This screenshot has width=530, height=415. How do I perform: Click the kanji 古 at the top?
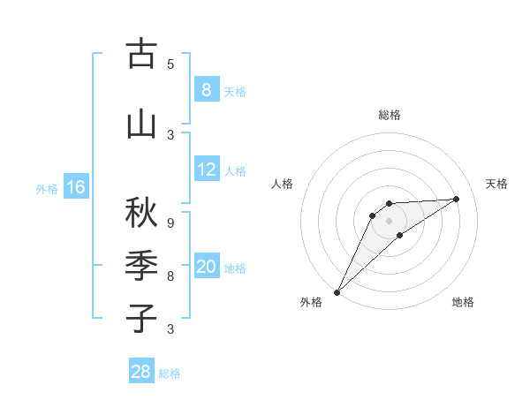(141, 54)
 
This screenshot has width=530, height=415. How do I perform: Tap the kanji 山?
(141, 124)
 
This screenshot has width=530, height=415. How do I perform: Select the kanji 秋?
(141, 213)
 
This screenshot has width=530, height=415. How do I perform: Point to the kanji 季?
(141, 266)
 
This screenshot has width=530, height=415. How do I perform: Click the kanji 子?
(141, 319)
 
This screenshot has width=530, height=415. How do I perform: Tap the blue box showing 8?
(206, 89)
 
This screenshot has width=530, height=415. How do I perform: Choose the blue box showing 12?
(206, 170)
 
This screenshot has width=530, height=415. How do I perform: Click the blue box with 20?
(206, 267)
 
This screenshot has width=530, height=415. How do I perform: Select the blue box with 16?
(75, 187)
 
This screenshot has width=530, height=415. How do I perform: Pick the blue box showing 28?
(140, 372)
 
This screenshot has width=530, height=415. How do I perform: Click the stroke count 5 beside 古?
(170, 64)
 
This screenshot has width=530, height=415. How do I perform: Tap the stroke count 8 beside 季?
(170, 275)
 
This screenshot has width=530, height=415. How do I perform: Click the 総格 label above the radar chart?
(389, 115)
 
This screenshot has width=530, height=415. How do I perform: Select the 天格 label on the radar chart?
(496, 184)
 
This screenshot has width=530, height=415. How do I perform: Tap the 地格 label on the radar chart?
(463, 302)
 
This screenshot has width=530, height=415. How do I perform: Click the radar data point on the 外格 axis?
(337, 292)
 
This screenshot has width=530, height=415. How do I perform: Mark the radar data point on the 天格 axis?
(457, 199)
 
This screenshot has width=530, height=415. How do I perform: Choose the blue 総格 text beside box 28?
(170, 373)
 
